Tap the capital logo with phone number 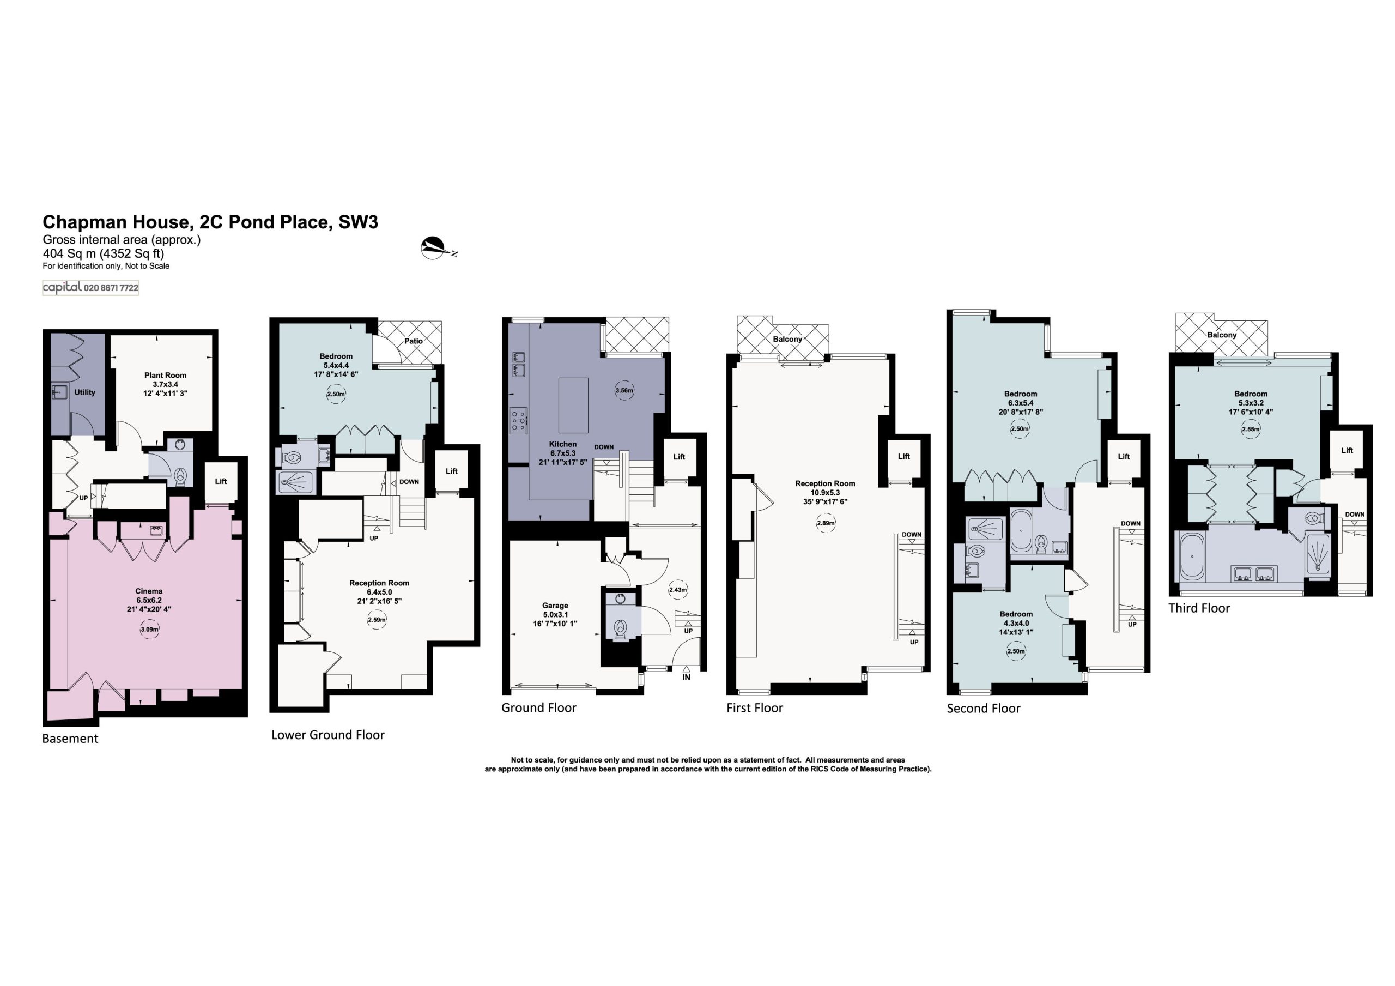click(90, 288)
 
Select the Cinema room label click(149, 591)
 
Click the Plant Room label click(165, 375)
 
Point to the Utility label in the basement click(85, 392)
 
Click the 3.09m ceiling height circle click(149, 629)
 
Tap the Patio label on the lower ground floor click(414, 341)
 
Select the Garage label click(555, 606)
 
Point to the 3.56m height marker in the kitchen click(624, 391)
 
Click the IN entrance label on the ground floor click(687, 676)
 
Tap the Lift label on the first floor click(904, 457)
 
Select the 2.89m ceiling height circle click(826, 523)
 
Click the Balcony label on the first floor click(787, 339)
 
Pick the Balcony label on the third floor click(1222, 335)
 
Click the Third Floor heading click(1199, 608)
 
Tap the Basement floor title click(70, 739)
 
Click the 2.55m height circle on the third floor click(1251, 429)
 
